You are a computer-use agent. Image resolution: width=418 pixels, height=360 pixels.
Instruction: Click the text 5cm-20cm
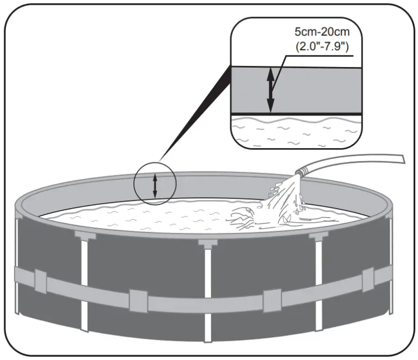coord(322,32)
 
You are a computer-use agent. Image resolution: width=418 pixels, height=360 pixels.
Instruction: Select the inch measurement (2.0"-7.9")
coord(322,47)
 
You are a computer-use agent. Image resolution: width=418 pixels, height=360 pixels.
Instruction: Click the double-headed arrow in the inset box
coord(271,90)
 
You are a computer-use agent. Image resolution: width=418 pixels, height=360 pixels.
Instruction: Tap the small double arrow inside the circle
coord(155,186)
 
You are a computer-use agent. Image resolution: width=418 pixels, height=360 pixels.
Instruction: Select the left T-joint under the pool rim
coord(85,235)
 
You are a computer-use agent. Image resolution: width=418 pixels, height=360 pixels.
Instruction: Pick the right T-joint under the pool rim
coord(318,236)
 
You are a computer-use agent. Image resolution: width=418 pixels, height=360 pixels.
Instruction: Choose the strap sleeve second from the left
coord(138,301)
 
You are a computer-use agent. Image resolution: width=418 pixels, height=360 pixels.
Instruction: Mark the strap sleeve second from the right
coord(272,300)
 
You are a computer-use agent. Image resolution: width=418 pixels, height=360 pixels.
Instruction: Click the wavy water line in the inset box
coord(296,119)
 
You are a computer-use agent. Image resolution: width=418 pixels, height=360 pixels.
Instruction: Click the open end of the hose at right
coord(402,159)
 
